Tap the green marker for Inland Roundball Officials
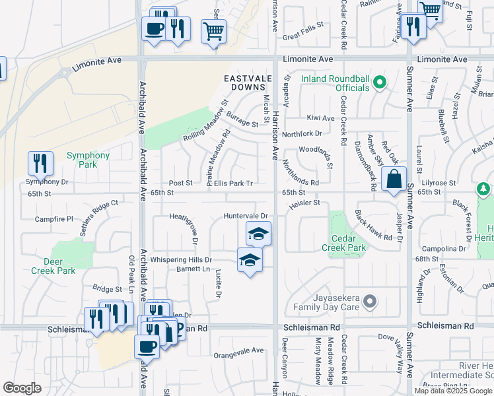[379, 83]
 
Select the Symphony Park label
[88, 160]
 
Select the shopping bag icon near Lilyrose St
[394, 179]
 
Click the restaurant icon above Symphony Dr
[40, 164]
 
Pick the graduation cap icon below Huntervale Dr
[259, 233]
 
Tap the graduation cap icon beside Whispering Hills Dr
[249, 260]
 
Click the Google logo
[22, 388]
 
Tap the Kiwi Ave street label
[320, 117]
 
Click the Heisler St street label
[303, 203]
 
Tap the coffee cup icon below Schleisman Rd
[146, 346]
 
